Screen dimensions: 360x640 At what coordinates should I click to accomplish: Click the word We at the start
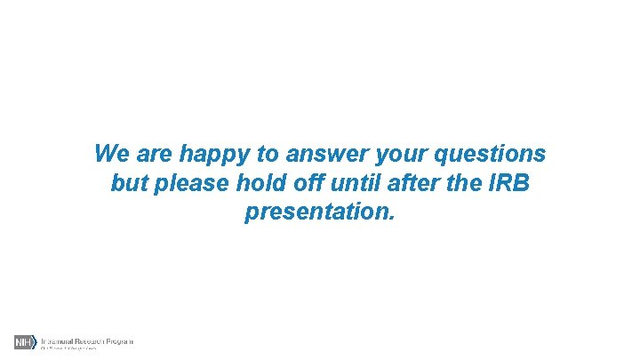click(x=110, y=154)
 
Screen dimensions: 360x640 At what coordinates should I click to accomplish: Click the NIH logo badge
click(x=25, y=342)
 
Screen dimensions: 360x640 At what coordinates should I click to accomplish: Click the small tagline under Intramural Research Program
click(x=68, y=348)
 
